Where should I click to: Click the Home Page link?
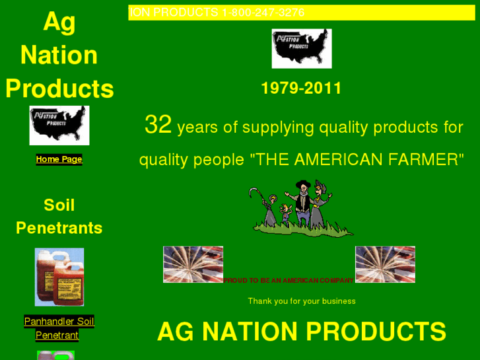(x=59, y=159)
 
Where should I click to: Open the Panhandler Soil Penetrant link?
(x=59, y=328)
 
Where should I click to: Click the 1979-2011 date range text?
(x=301, y=89)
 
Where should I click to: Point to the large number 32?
(x=158, y=125)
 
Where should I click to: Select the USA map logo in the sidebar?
(x=59, y=126)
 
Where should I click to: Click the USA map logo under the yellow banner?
(x=301, y=48)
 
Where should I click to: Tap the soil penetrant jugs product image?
(x=59, y=277)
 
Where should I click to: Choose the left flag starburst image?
(x=193, y=264)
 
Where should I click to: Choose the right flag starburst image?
(x=385, y=264)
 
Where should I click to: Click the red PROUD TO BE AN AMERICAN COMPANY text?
(x=289, y=281)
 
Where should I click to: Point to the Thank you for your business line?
(x=302, y=301)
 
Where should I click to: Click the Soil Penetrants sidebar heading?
(x=59, y=217)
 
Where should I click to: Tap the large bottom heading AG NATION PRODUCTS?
(x=302, y=332)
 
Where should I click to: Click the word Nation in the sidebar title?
(x=59, y=55)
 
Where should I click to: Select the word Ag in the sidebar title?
(x=59, y=22)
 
